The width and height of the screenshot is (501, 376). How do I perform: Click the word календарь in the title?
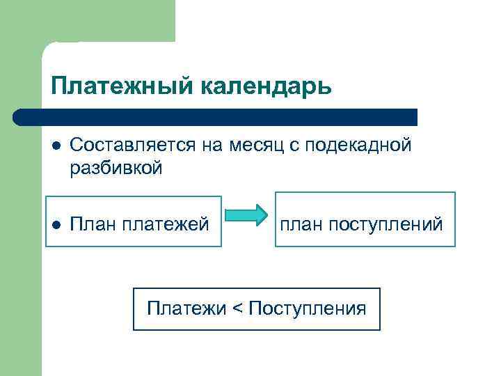[x=267, y=86]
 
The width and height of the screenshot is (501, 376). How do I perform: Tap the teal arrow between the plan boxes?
[x=248, y=214]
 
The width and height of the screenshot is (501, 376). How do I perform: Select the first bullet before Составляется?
[x=56, y=146]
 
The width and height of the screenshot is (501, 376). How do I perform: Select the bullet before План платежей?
[x=56, y=224]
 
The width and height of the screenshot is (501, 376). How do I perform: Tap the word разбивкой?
[x=116, y=168]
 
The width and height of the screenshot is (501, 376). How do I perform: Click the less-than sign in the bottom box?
[x=237, y=308]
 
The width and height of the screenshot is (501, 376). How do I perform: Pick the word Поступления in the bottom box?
[x=307, y=308]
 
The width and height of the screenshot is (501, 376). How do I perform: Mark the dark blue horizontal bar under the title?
[x=216, y=116]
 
